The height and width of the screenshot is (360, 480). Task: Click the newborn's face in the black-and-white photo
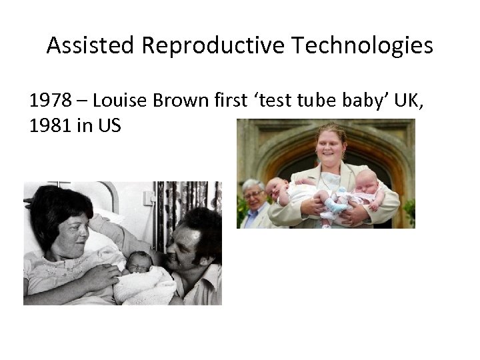[x=139, y=262]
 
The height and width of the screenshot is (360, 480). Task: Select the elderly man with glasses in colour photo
[x=253, y=203]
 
